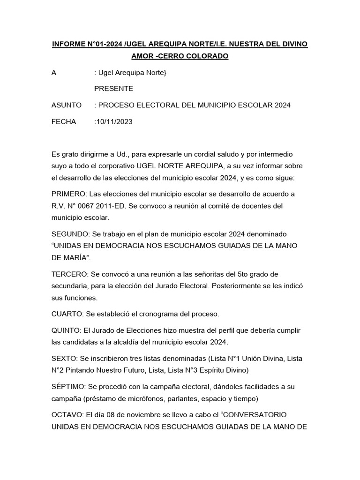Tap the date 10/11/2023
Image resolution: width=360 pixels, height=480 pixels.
[114, 122]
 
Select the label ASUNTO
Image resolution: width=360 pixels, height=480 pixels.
[67, 105]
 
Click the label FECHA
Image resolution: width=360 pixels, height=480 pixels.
[64, 122]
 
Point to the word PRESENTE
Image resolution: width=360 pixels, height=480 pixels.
[114, 89]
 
